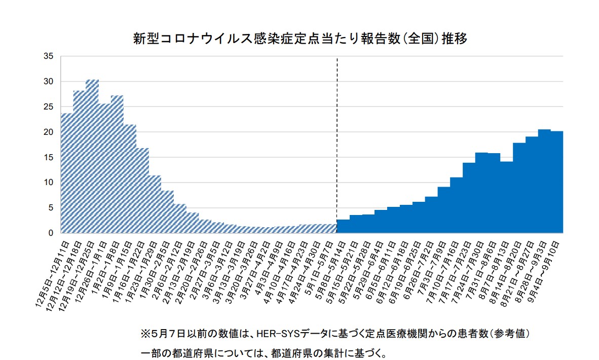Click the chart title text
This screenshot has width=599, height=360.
(x=299, y=39)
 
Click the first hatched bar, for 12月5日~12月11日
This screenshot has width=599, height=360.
(x=67, y=173)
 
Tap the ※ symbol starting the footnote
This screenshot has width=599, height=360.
(x=145, y=335)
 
